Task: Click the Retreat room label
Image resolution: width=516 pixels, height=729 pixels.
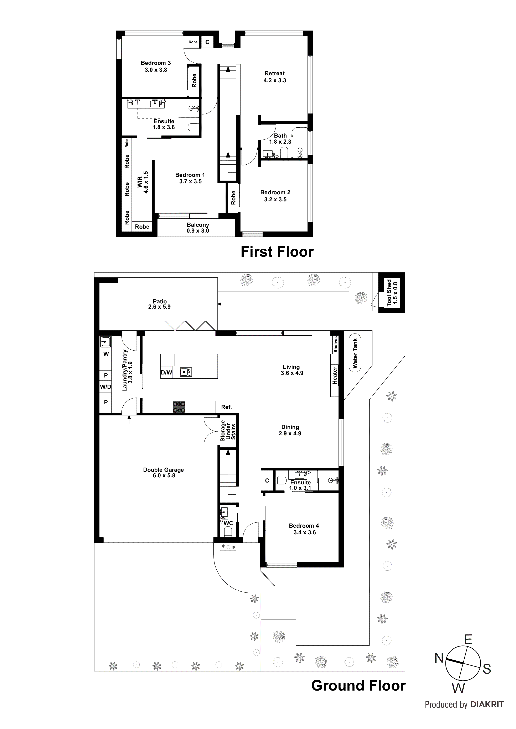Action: pos(274,73)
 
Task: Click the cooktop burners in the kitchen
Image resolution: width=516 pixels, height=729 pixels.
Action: pos(179,407)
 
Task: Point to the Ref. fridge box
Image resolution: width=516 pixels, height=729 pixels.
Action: pos(226,407)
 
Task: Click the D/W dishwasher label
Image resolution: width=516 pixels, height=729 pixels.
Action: pos(166,372)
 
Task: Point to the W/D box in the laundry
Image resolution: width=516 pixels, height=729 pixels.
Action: pos(105,387)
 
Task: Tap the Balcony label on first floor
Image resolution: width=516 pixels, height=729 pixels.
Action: pos(198,225)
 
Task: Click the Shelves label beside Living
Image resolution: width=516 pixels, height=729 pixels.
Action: pos(335,345)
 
